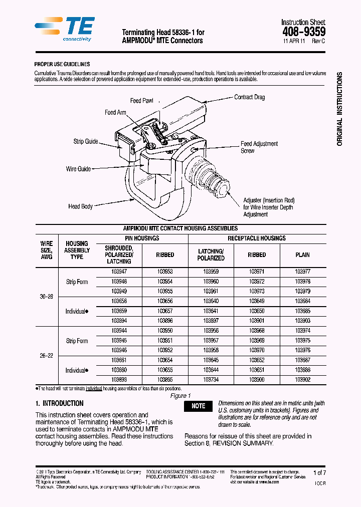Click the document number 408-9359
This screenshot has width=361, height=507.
tap(303, 32)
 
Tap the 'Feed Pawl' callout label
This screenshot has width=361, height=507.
tap(142, 101)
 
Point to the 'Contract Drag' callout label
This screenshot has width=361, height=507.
tap(249, 97)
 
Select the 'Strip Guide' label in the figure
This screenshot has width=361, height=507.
tap(86, 141)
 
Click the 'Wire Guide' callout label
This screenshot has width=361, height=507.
tap(78, 169)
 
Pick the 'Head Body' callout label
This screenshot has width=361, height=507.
tap(80, 206)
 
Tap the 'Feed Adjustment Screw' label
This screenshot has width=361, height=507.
tap(259, 147)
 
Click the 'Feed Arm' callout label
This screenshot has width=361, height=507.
tap(115, 113)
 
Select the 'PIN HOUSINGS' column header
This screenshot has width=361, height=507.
tap(142, 238)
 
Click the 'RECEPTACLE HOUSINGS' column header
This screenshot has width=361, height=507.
tap(256, 238)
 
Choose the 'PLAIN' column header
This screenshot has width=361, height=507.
tap(302, 255)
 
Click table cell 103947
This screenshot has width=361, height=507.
tap(119, 272)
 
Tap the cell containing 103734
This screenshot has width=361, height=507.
tap(211, 380)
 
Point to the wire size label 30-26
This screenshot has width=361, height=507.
tap(46, 297)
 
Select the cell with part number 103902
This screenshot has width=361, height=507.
tap(302, 380)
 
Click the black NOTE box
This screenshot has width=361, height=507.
tap(198, 406)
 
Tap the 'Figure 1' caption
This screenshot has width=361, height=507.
tap(180, 396)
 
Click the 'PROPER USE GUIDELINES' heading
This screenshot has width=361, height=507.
tap(62, 64)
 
